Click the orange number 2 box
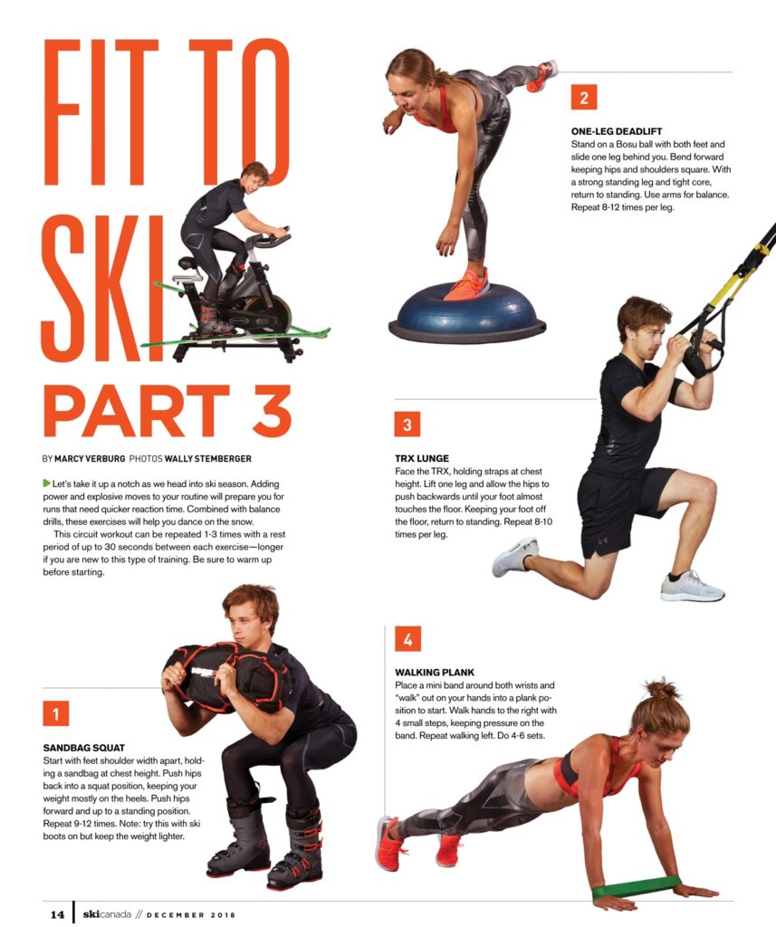[584, 98]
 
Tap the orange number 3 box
[407, 424]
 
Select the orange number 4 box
[407, 638]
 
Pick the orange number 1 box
[56, 713]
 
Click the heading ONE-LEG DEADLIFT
[617, 131]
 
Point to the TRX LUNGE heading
[422, 458]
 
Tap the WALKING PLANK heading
[435, 673]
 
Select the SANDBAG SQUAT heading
[84, 747]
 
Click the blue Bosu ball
[467, 313]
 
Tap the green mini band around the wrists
[637, 888]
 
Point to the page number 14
[57, 914]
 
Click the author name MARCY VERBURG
[90, 459]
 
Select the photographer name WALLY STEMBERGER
[207, 459]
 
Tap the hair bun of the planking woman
[660, 689]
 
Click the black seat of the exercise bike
[187, 263]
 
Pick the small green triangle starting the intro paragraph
[47, 483]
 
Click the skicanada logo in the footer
[107, 914]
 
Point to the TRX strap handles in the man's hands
[702, 355]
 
